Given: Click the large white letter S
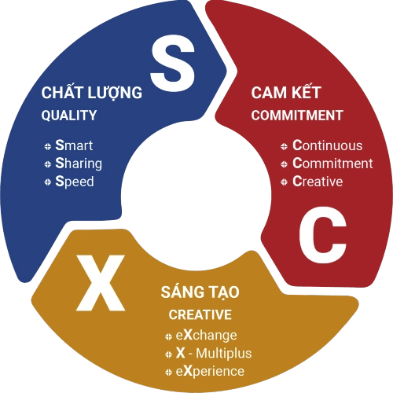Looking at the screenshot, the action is (173, 63).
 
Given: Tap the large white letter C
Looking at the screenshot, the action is (323, 234).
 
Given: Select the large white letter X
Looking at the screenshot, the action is (101, 283).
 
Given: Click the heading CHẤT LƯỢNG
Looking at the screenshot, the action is (92, 92).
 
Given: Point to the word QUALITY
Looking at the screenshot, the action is (69, 116).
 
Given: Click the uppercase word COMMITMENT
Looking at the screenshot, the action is (297, 116).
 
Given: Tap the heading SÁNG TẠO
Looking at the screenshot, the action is (200, 292).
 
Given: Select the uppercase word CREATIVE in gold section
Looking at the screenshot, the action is (200, 314).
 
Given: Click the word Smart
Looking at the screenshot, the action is (74, 145).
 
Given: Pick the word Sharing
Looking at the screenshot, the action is (79, 163).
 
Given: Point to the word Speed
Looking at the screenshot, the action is (75, 182).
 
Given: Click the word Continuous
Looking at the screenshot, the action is (328, 145).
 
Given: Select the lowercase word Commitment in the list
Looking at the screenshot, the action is (332, 163).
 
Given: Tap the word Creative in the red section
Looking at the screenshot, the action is (318, 182).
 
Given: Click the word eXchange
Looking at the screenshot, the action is (207, 336).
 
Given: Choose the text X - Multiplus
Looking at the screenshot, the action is (214, 353).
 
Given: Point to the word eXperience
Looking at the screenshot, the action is (210, 372).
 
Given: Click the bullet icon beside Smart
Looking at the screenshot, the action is (48, 146).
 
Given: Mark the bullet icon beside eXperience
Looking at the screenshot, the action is (169, 373).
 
